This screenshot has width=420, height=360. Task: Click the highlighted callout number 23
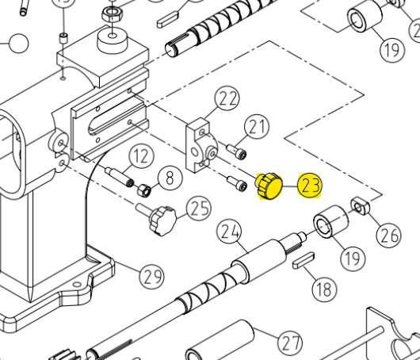pyautogui.click(x=310, y=186)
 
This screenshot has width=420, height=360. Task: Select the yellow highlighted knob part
pyautogui.click(x=269, y=186)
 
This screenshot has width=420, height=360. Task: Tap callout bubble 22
pyautogui.click(x=227, y=98)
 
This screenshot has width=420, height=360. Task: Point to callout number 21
pyautogui.click(x=257, y=127)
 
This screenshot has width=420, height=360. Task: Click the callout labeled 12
pyautogui.click(x=141, y=156)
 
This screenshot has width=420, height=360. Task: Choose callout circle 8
pyautogui.click(x=170, y=178)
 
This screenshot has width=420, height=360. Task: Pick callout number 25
pyautogui.click(x=199, y=209)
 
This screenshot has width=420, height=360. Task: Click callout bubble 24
pyautogui.click(x=230, y=232)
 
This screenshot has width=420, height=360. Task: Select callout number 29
pyautogui.click(x=152, y=277)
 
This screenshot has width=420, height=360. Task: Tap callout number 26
pyautogui.click(x=389, y=236)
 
